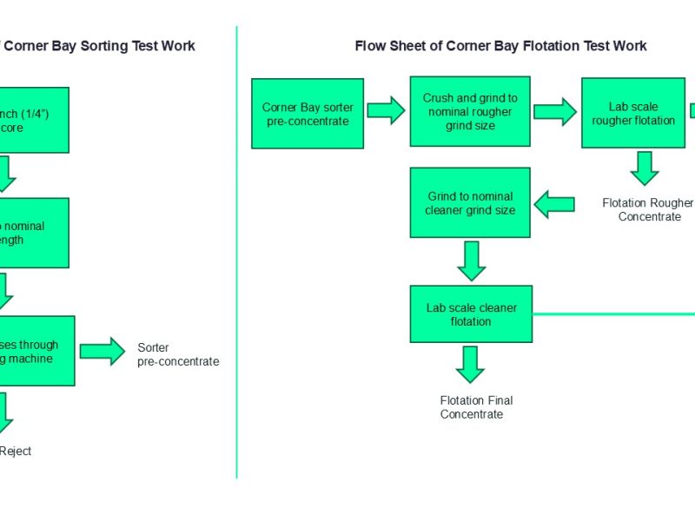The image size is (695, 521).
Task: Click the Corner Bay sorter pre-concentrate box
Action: tap(307, 113)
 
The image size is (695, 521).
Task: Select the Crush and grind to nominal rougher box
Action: tap(469, 111)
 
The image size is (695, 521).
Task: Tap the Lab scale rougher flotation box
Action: tap(633, 113)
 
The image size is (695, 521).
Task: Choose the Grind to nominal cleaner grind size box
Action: tap(469, 202)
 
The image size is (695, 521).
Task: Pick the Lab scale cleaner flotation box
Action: tap(471, 313)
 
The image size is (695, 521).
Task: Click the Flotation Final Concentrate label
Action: tap(476, 407)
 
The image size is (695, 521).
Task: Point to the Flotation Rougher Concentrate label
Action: tap(648, 209)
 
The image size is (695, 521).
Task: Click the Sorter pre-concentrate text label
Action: tap(178, 354)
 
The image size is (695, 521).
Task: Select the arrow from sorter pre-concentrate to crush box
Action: tap(386, 110)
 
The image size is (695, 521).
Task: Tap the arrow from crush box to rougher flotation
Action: tap(554, 111)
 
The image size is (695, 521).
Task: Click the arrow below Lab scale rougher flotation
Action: tap(645, 168)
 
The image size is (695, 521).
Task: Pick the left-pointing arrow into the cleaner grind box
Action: tap(553, 205)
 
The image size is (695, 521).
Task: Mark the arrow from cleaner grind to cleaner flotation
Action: tap(471, 260)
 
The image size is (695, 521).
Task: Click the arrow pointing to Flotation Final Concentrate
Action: tap(470, 364)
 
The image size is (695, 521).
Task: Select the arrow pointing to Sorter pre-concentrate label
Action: tap(103, 351)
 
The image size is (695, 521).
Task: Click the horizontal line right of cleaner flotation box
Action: tap(612, 313)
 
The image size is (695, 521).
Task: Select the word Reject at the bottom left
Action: tap(16, 451)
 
